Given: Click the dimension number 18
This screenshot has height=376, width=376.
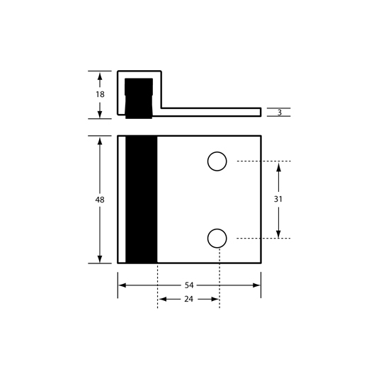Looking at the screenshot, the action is coord(100,94).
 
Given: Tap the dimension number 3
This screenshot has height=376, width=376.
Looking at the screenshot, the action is coord(280,113).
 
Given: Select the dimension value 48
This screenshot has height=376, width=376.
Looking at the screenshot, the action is coord(100,200).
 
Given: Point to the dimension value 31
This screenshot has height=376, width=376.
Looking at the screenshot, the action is coord(278,199).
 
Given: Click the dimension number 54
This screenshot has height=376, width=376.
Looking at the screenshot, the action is coord(189,285).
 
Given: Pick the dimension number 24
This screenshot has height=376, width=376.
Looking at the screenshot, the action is coord(189,299).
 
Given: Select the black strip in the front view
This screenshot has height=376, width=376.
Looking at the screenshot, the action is coord(142,199).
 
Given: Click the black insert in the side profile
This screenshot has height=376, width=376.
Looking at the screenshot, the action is coord(139,98).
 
